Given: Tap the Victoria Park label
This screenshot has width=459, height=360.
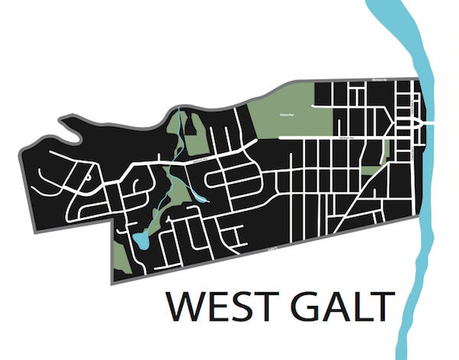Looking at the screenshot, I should [x=292, y=109].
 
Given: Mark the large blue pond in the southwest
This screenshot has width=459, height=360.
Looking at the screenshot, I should [x=141, y=242].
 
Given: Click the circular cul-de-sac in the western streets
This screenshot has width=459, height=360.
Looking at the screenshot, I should [x=90, y=177].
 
